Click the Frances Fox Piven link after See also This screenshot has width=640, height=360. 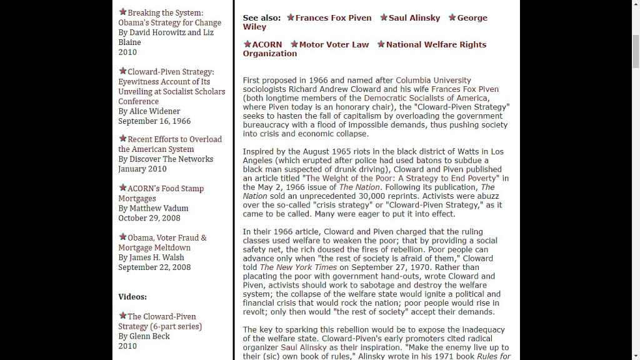(333, 18)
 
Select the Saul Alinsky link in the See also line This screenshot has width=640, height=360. (414, 18)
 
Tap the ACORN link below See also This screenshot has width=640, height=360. (267, 45)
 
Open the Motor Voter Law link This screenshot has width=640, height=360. (334, 45)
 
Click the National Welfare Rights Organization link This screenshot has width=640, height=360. (436, 45)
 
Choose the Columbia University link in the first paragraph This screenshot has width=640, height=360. (433, 81)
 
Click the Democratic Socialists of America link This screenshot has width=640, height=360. (425, 98)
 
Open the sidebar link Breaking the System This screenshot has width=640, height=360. (165, 13)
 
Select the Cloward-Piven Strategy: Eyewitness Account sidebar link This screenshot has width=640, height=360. (171, 72)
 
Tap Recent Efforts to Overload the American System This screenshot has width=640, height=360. (174, 139)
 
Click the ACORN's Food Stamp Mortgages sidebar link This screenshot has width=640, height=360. (166, 189)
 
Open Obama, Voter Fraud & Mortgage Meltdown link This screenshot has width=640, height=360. (167, 238)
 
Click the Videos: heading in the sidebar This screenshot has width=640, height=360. (132, 297)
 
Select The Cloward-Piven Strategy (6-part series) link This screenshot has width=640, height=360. (161, 317)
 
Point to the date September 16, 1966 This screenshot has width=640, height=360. (154, 121)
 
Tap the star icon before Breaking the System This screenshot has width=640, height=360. (122, 12)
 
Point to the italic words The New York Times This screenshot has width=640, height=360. (298, 267)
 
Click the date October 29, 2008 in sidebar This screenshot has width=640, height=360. (149, 219)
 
